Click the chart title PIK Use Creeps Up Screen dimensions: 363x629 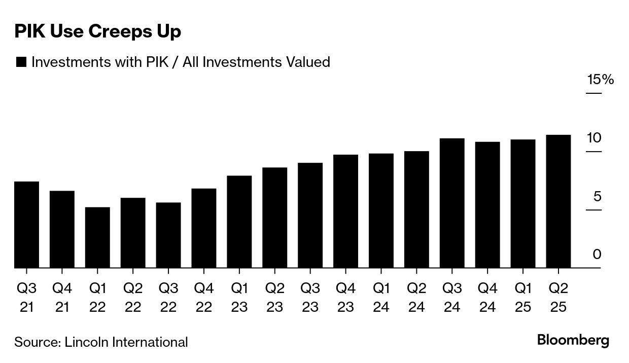(x=97, y=31)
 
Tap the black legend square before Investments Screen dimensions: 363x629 (x=21, y=62)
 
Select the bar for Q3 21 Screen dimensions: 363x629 (x=26, y=225)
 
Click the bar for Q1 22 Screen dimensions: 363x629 (x=97, y=237)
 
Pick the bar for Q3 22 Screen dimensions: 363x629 (x=168, y=235)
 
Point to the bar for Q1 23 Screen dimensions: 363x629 (x=239, y=222)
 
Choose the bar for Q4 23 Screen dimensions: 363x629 (x=345, y=211)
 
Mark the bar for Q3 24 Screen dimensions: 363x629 (x=452, y=203)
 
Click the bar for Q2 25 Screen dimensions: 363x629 (x=558, y=201)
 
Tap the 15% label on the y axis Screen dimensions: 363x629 (x=601, y=80)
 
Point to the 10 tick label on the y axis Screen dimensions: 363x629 (x=594, y=138)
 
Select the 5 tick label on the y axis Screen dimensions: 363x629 (x=597, y=196)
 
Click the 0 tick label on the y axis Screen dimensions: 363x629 (x=597, y=254)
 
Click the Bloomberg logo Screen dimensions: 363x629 (x=573, y=340)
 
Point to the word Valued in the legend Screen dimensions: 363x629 (x=308, y=62)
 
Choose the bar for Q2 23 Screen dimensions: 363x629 (x=275, y=217)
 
